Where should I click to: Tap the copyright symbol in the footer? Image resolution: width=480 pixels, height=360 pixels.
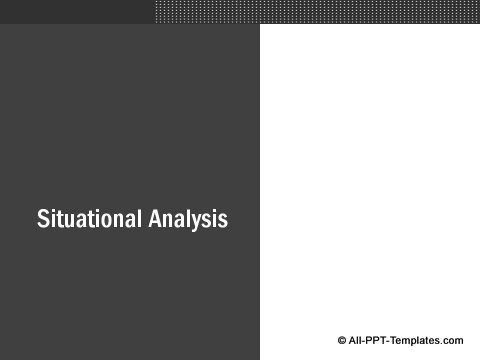342,341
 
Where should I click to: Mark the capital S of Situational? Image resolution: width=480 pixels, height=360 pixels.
43,219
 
